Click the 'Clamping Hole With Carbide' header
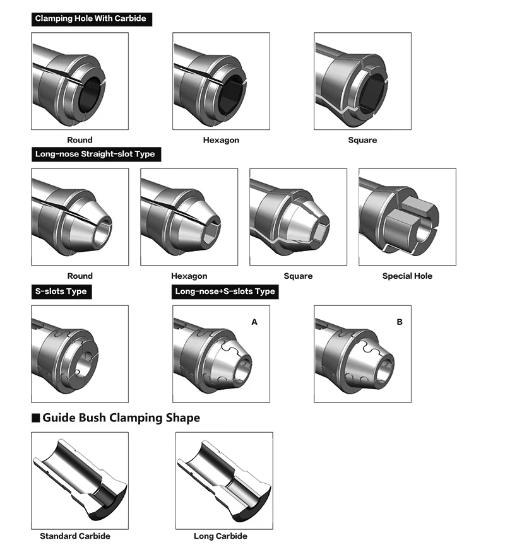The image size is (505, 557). click(x=91, y=19)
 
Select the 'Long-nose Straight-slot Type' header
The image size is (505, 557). click(x=95, y=154)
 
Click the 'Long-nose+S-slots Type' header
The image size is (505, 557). click(x=225, y=291)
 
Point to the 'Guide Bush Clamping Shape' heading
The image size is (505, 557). click(x=121, y=418)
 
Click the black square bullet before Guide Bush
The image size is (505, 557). click(x=36, y=418)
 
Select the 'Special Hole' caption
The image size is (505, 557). click(x=407, y=276)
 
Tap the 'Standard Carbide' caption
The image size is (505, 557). click(x=75, y=536)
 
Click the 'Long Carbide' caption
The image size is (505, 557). click(x=220, y=536)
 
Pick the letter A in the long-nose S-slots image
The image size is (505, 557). click(x=254, y=322)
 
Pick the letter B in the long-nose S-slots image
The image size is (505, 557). click(x=399, y=322)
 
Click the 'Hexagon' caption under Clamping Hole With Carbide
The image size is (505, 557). click(x=221, y=140)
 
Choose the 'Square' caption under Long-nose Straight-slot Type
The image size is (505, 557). click(x=298, y=276)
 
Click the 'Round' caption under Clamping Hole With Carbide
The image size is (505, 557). click(x=80, y=140)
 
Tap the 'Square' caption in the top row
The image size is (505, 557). click(x=362, y=140)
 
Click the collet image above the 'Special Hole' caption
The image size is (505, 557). click(x=407, y=217)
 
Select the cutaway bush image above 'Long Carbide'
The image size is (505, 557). click(x=224, y=480)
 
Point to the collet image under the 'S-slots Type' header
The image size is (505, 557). click(x=80, y=354)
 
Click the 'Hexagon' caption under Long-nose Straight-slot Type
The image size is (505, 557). click(x=189, y=276)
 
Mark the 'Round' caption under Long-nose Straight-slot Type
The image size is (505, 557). click(x=80, y=276)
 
